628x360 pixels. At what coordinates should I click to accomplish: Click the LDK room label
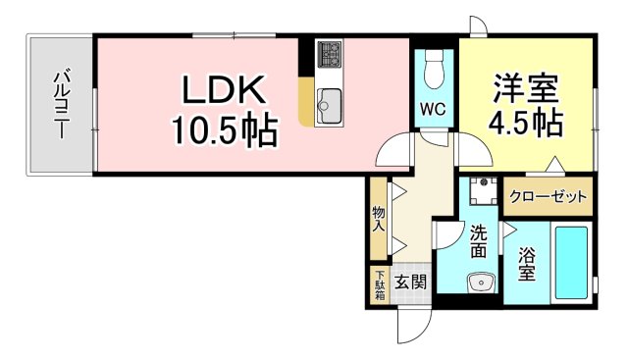[222, 92]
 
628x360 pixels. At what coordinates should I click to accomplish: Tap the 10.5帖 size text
[223, 128]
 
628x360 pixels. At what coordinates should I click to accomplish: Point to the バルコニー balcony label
[61, 103]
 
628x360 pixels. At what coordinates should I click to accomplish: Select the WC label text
[433, 109]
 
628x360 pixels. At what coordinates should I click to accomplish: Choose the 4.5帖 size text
[525, 124]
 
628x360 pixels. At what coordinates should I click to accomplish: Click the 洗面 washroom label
[478, 241]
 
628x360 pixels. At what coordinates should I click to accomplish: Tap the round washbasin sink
[480, 283]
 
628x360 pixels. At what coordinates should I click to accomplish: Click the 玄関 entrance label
[410, 283]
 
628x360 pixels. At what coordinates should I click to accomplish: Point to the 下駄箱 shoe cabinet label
[380, 283]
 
